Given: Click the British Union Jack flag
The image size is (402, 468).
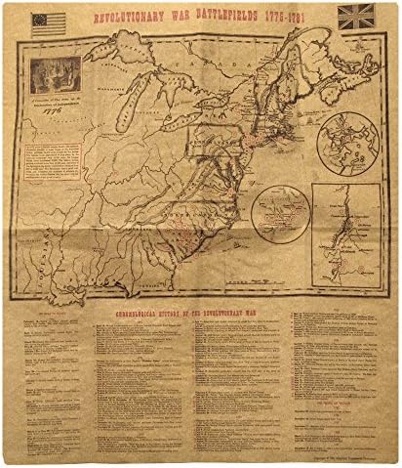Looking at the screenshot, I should [352, 17].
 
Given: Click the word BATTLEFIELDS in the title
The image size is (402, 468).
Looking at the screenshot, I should [219, 18].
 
